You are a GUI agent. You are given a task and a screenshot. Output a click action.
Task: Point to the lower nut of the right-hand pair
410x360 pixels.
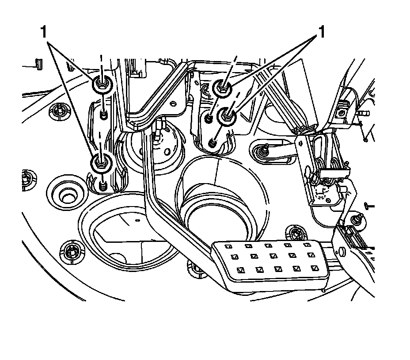[x=227, y=116]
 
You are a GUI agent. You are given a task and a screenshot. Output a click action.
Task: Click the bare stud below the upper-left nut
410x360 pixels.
[x=103, y=115]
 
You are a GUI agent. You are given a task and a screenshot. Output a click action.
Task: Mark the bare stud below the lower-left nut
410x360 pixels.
[x=103, y=186]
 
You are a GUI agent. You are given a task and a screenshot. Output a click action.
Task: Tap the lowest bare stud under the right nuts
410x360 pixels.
[x=212, y=142]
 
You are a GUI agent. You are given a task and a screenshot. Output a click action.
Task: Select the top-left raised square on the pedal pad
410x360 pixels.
[x=229, y=246]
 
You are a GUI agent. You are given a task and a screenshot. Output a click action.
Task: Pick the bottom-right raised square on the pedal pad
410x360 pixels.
[x=315, y=268]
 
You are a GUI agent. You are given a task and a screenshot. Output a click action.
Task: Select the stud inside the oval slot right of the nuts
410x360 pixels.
[x=264, y=151]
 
